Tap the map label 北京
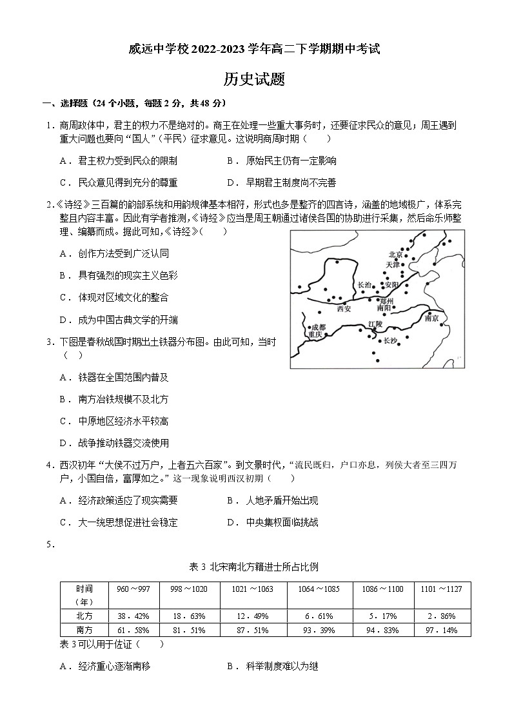(x=395, y=255)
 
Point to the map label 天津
(x=393, y=264)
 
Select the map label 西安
(x=344, y=309)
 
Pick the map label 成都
(x=319, y=327)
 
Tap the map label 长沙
(x=391, y=341)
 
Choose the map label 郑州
(x=387, y=300)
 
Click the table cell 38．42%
(x=133, y=616)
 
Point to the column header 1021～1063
(x=253, y=589)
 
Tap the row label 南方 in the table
(x=84, y=630)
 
